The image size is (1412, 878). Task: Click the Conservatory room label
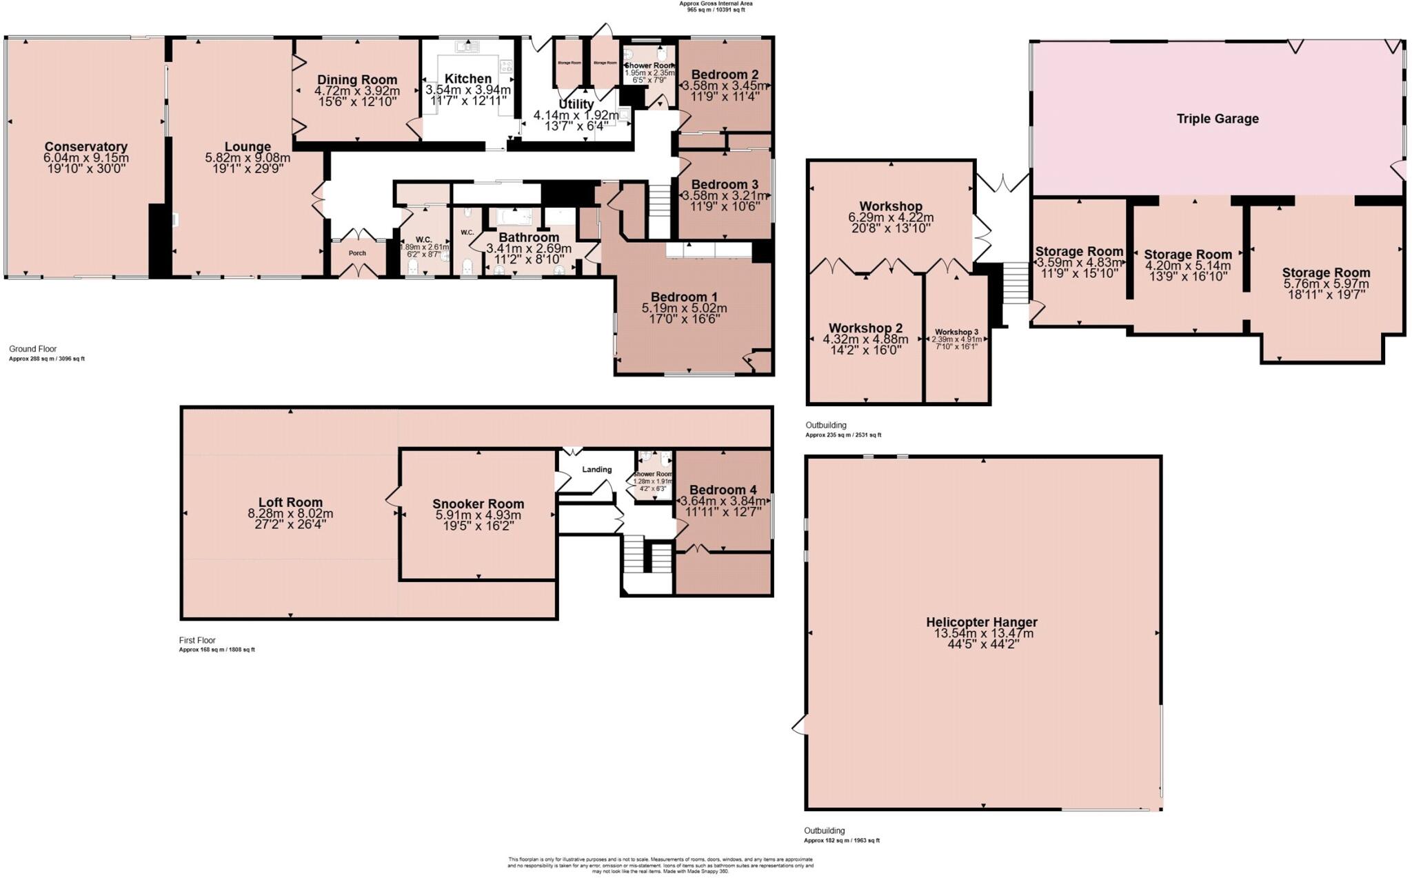[85, 146]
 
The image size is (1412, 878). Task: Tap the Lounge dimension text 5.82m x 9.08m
[248, 158]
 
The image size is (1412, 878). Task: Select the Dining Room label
[357, 80]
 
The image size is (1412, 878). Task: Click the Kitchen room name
[468, 79]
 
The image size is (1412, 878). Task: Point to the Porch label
[357, 253]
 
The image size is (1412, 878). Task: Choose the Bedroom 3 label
[725, 184]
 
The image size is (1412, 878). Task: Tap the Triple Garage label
[1217, 119]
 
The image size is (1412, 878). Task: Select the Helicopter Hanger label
[981, 622]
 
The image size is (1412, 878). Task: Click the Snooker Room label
[478, 503]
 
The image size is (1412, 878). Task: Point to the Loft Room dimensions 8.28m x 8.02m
[290, 514]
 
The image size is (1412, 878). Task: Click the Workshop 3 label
[956, 332]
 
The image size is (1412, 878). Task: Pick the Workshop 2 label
[865, 328]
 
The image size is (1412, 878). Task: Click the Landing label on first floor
[596, 470]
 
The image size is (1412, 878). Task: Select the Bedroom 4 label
[723, 490]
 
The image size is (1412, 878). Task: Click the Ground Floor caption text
[32, 349]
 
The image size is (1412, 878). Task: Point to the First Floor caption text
[197, 640]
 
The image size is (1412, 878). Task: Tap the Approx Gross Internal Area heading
[716, 3]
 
